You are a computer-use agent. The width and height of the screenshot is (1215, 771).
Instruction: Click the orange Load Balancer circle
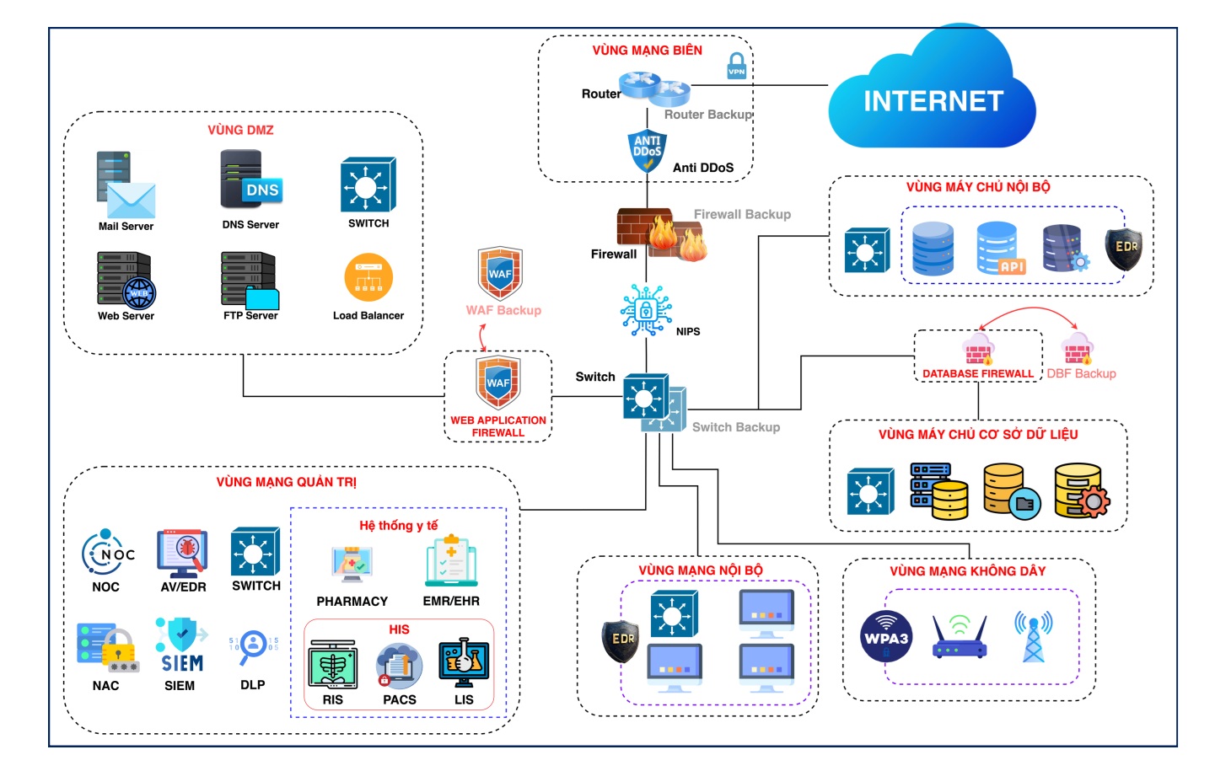pyautogui.click(x=368, y=277)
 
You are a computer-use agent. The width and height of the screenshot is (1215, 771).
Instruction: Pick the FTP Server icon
pyautogui.click(x=250, y=280)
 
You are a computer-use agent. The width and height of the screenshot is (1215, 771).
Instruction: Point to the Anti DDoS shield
pyautogui.click(x=647, y=151)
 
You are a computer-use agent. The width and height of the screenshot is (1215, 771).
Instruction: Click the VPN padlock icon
pyautogui.click(x=737, y=66)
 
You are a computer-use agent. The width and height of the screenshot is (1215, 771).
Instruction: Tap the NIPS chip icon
pyautogui.click(x=646, y=310)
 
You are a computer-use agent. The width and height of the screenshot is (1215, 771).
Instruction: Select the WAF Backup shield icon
pyautogui.click(x=500, y=273)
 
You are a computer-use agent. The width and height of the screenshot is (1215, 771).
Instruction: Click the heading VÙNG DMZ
pyautogui.click(x=240, y=130)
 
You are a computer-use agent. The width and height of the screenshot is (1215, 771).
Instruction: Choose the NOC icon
pyautogui.click(x=107, y=553)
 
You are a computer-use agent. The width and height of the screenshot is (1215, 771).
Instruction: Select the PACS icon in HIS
pyautogui.click(x=399, y=666)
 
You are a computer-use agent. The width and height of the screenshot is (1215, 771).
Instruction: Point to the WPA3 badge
pyautogui.click(x=885, y=637)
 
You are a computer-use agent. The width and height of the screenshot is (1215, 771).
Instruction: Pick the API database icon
pyautogui.click(x=999, y=248)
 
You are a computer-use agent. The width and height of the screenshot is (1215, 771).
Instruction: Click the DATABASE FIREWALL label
pyautogui.click(x=977, y=373)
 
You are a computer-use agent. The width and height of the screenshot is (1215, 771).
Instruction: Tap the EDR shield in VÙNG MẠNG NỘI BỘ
pyautogui.click(x=621, y=640)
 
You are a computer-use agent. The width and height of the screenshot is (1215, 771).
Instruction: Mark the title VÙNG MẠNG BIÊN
pyautogui.click(x=647, y=51)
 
